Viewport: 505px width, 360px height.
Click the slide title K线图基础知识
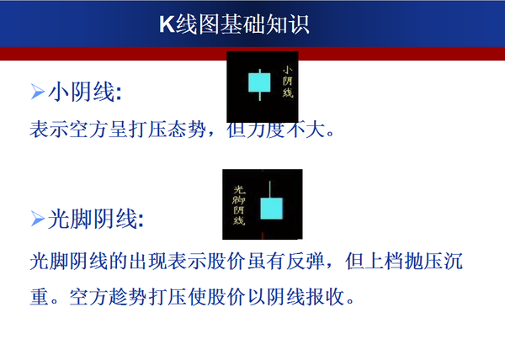[x=234, y=24]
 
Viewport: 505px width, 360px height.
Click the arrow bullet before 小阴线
[x=37, y=90]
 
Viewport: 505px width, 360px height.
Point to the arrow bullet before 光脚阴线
[x=37, y=220]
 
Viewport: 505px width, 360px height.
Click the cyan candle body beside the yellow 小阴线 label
[x=258, y=82]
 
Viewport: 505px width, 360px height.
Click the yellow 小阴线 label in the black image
[x=287, y=82]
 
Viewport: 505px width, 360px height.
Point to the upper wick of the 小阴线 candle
[x=258, y=66]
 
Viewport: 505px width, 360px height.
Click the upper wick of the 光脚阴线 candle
[x=269, y=188]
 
